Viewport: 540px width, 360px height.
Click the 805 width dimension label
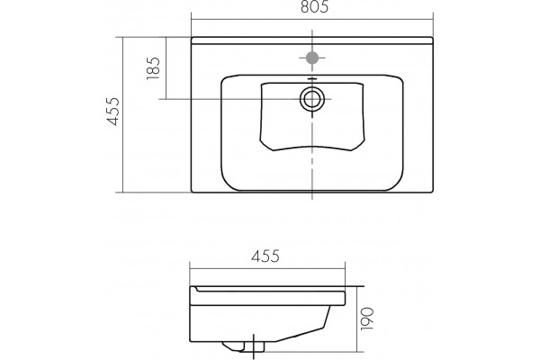[314, 7]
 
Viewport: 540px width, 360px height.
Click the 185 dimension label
[154, 68]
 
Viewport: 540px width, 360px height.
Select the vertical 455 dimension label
[113, 112]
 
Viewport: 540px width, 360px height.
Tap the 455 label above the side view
[265, 256]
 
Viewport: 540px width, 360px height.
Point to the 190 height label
[367, 319]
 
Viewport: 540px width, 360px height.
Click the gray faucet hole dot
[312, 58]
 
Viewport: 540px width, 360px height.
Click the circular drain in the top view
[312, 99]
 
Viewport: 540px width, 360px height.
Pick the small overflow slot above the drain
[311, 79]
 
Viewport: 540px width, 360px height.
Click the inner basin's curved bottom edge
[312, 148]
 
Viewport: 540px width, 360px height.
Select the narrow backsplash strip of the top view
[312, 40]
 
